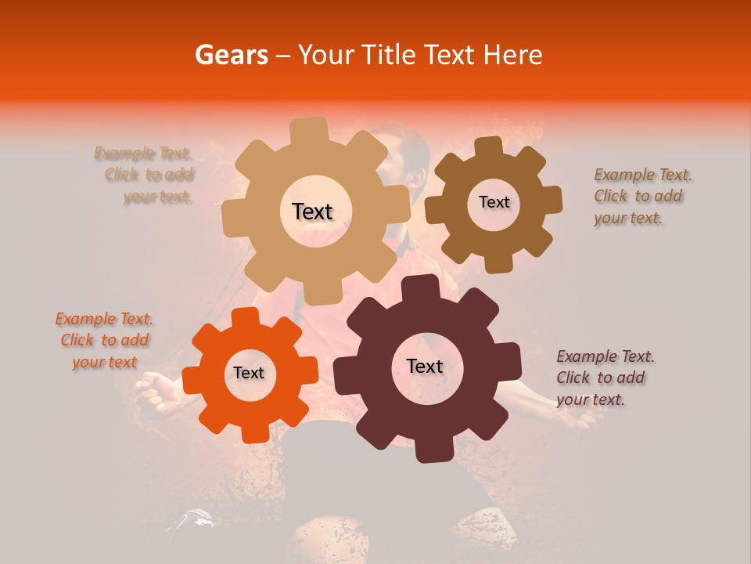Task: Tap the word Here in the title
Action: [514, 55]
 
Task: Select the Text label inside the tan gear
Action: [312, 211]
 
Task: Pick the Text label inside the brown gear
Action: [494, 202]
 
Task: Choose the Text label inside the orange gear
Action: [249, 373]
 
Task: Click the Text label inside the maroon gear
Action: [425, 366]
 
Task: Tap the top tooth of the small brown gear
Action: [489, 147]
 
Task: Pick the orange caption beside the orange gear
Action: [104, 340]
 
